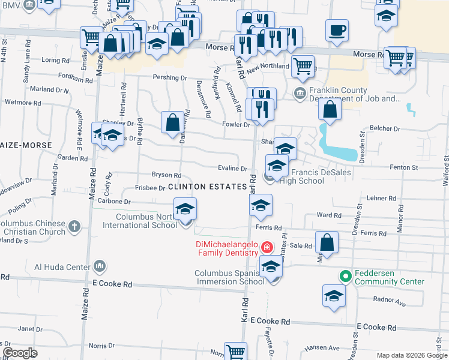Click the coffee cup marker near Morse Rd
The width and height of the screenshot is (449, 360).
click(337, 29)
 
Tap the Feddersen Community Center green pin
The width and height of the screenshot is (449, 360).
click(345, 277)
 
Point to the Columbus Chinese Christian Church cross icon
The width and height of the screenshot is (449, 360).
click(74, 227)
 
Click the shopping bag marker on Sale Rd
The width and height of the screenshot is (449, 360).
click(327, 243)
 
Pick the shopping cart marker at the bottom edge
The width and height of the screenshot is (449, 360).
click(235, 352)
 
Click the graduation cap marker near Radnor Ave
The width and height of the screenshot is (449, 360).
click(334, 296)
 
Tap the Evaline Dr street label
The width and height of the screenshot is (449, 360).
click(233, 169)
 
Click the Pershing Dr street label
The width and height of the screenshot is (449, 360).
click(170, 77)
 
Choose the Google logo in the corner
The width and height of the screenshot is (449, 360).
click(20, 353)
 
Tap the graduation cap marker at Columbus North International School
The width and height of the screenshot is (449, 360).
click(185, 210)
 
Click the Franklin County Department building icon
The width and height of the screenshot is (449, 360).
click(300, 94)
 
